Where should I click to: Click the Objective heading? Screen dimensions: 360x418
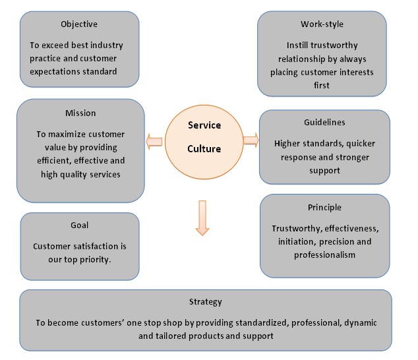[x=80, y=24]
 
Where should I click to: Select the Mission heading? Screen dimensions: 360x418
[x=80, y=113]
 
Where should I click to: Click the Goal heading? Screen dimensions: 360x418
[x=80, y=225]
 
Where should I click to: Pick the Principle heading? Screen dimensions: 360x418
[x=325, y=207]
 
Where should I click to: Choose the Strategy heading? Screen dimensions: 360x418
[x=205, y=302]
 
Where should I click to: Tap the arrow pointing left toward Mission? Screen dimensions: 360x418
[x=155, y=139]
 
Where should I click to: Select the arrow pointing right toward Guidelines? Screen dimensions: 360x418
[x=251, y=139]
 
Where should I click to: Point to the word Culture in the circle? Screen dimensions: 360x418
[x=204, y=149]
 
